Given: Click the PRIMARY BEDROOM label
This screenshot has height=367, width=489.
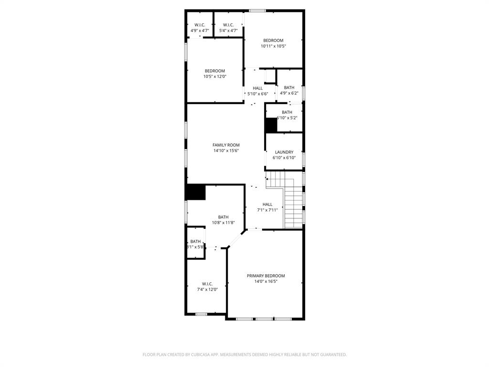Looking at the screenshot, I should tap(266, 276).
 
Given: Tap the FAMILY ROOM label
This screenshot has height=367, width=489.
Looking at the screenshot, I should tap(226, 145).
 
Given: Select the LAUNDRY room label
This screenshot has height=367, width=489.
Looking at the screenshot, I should tap(284, 152).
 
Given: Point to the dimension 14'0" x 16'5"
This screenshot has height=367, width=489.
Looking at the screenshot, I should tap(266, 281).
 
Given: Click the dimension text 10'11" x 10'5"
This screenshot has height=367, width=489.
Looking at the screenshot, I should tap(273, 46).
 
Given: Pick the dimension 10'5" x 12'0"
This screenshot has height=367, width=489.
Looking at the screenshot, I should tap(214, 76).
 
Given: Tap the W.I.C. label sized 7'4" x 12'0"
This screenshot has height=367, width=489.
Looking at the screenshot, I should tap(207, 283).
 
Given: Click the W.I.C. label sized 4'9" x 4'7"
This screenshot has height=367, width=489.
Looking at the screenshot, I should tap(200, 25).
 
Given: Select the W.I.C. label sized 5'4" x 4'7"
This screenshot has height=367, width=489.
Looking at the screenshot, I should tap(228, 25).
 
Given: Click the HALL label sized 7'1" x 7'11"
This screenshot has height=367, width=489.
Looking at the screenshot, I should tap(267, 204).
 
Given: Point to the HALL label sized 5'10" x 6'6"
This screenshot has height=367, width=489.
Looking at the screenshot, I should tap(258, 88).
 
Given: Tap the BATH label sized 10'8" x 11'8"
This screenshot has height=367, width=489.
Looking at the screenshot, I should tap(223, 217).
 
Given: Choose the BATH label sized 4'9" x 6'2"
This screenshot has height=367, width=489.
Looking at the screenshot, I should tap(289, 87).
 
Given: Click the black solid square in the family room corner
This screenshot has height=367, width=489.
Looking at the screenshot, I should tap(196, 192).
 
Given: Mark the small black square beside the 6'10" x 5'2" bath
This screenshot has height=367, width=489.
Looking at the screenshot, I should tap(271, 125).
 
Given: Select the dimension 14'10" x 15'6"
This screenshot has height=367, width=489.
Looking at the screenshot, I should tap(226, 151).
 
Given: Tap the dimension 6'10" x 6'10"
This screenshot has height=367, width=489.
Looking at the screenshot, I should tap(284, 158).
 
